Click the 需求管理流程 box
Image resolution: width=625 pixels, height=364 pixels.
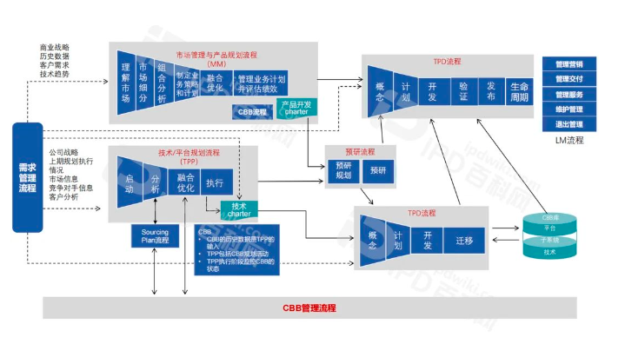[28, 179]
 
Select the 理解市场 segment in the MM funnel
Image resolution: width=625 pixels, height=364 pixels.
[127, 83]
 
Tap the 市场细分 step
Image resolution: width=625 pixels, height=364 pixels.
[144, 83]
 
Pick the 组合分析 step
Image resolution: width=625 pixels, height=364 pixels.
[162, 83]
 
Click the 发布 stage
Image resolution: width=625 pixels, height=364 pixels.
[491, 90]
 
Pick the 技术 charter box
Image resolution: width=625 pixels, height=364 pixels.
[240, 209]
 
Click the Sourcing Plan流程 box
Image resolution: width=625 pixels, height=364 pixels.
[155, 235]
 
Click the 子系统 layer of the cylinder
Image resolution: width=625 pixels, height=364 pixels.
[549, 240]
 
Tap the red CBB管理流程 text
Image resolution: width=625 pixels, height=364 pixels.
[310, 308]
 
